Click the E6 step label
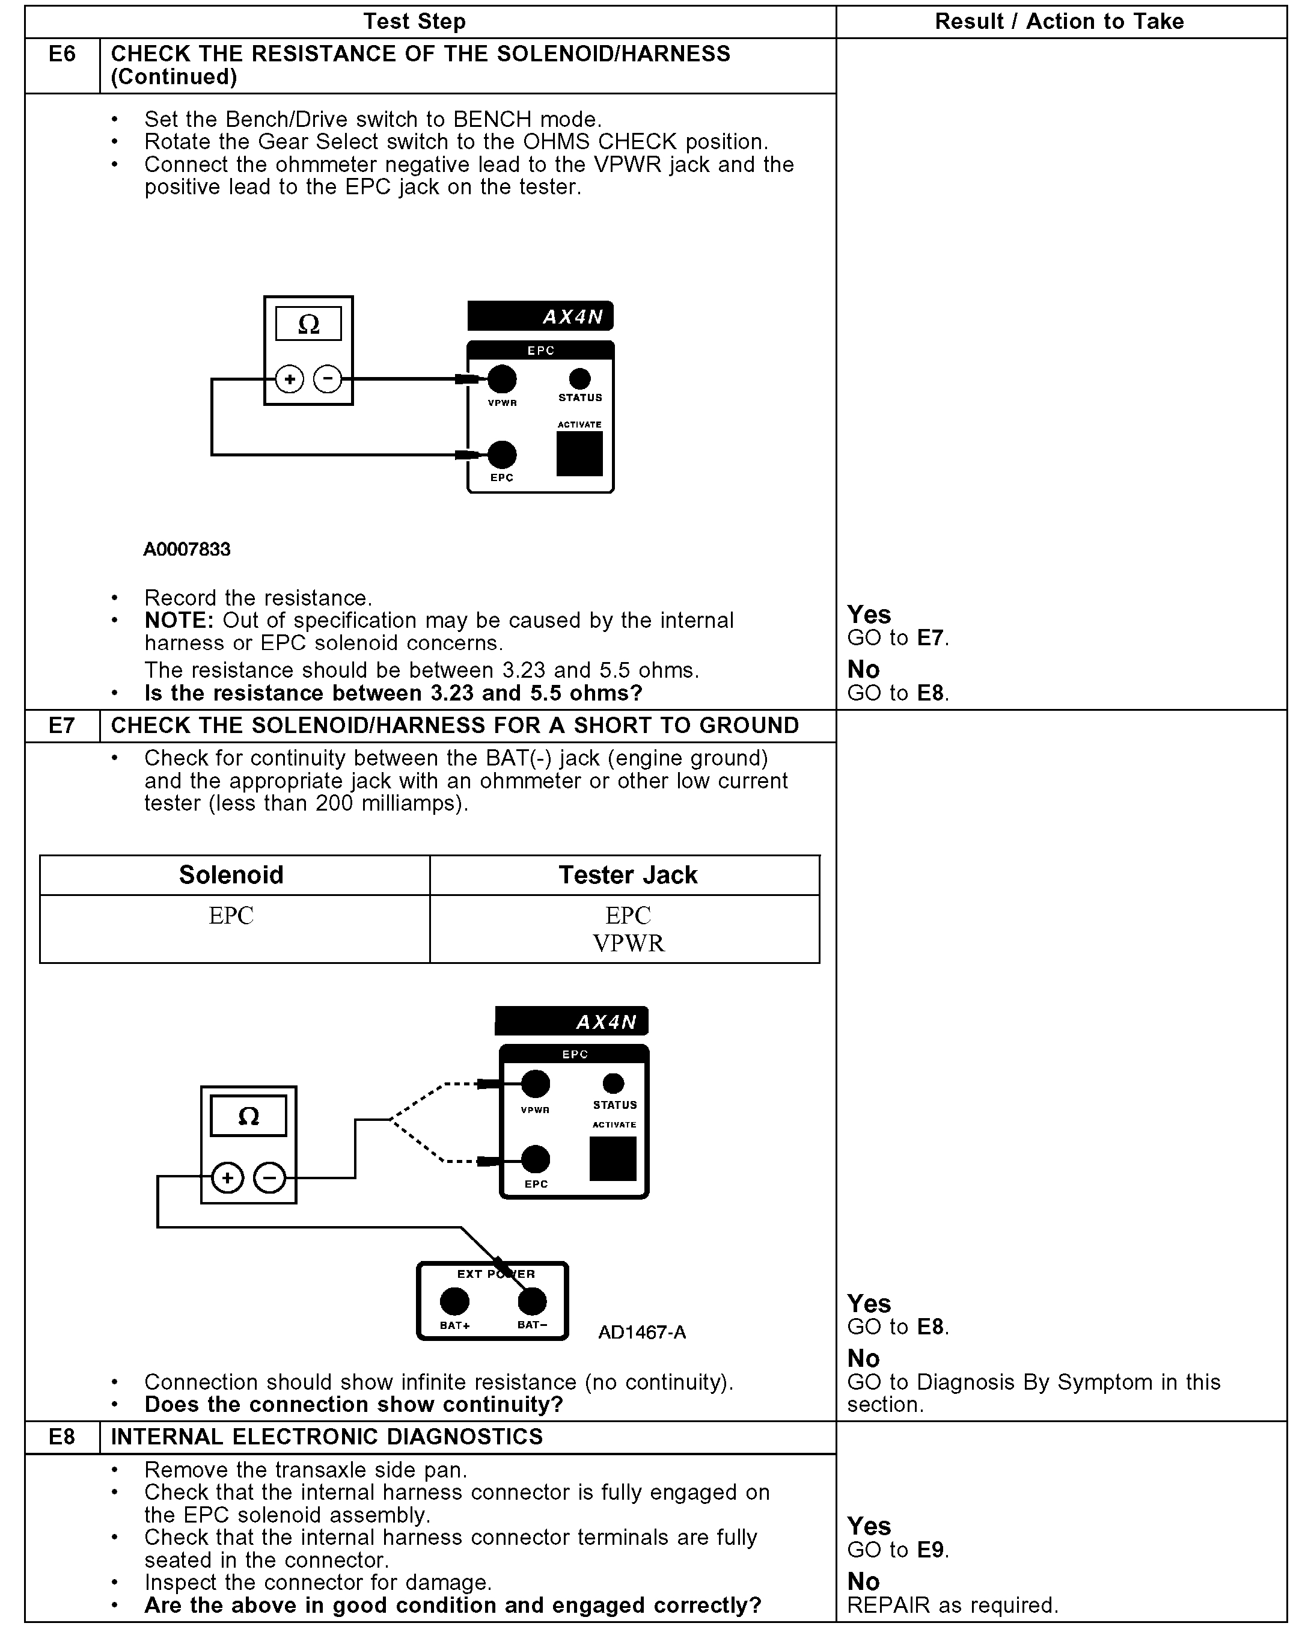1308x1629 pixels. (x=62, y=54)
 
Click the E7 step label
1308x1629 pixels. (x=62, y=725)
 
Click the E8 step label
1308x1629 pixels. (x=62, y=1437)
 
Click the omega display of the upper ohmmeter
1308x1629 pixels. (x=308, y=324)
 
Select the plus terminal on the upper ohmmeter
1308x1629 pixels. (x=289, y=379)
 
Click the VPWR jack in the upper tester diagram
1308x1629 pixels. (x=502, y=379)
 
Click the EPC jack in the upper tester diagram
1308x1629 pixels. (x=502, y=455)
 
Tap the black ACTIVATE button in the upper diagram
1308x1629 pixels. (x=579, y=453)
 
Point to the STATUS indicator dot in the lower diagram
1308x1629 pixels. (x=613, y=1084)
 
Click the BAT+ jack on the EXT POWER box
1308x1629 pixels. (x=454, y=1301)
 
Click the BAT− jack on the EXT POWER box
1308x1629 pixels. (x=531, y=1301)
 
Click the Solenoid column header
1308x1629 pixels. (x=231, y=875)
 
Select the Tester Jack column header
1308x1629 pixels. (x=628, y=875)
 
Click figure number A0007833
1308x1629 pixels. (x=186, y=549)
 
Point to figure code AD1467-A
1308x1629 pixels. (x=642, y=1332)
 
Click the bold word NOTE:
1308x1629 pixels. (x=180, y=621)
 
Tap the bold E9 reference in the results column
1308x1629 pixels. (x=931, y=1550)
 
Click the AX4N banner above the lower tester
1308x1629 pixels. (x=572, y=1022)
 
